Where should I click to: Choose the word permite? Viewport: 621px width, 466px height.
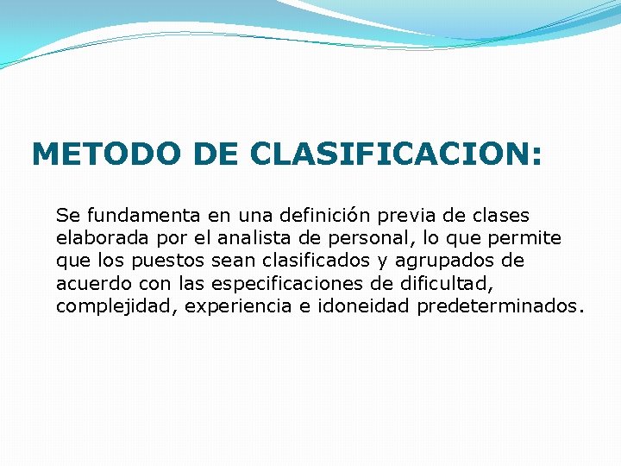[x=530, y=237]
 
